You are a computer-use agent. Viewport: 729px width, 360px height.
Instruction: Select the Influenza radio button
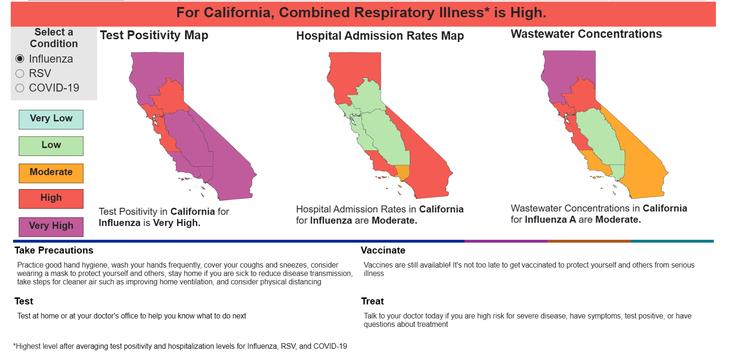[x=20, y=59]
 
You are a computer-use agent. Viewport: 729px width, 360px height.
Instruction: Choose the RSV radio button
[x=20, y=74]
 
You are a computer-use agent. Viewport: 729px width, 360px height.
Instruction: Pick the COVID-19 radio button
[x=20, y=88]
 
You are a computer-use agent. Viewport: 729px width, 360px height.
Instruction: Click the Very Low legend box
[x=51, y=120]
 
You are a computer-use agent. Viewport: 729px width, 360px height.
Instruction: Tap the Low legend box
[x=51, y=146]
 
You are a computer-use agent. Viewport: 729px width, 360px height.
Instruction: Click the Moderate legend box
[x=51, y=173]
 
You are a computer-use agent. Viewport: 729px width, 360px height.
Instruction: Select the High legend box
[x=51, y=199]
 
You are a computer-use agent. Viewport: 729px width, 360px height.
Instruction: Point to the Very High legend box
[x=51, y=227]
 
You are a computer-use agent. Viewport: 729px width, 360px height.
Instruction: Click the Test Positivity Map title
[x=154, y=35]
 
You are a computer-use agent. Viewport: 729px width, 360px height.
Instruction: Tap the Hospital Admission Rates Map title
[x=380, y=36]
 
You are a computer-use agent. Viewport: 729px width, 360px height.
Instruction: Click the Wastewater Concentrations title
[x=586, y=34]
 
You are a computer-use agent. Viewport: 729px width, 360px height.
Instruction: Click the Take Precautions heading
[x=54, y=250]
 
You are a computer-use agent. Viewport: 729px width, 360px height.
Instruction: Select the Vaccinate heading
[x=383, y=250]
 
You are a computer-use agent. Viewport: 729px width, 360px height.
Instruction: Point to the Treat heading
[x=372, y=301]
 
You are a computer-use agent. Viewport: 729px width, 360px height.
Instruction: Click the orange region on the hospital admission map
[x=403, y=172]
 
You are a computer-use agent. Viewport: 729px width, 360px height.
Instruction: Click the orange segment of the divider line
[x=589, y=241]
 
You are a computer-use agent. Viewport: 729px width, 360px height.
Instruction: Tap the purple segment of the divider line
[x=506, y=241]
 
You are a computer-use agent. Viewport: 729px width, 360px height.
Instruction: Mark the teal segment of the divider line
[x=673, y=241]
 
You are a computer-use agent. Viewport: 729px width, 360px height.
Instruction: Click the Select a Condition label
[x=54, y=38]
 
